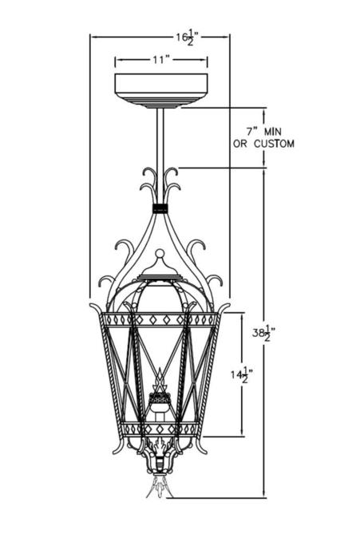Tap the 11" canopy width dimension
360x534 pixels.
(161, 60)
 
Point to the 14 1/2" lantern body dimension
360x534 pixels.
(242, 375)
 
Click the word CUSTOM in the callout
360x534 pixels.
(274, 144)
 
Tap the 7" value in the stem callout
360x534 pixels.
(251, 130)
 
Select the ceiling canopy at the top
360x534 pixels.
(161, 90)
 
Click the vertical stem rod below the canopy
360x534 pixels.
(160, 156)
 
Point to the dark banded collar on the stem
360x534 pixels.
(160, 208)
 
